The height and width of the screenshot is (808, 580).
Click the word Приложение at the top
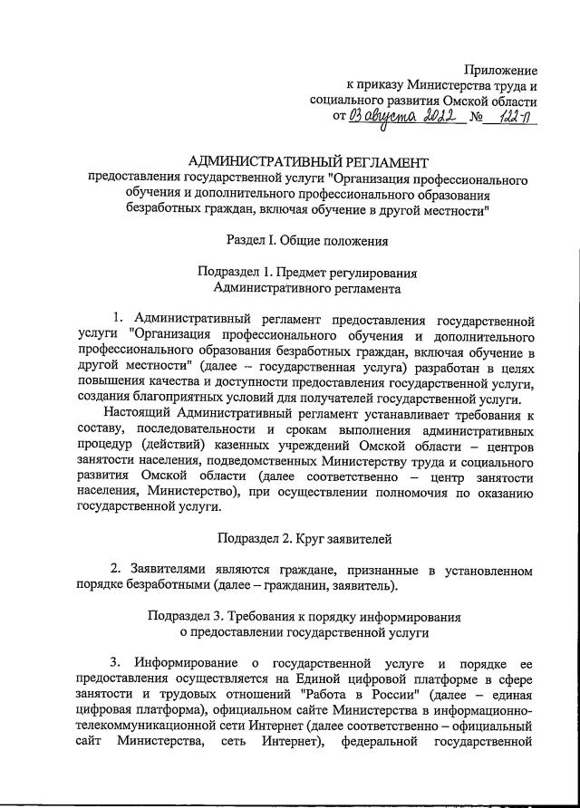pyautogui.click(x=501, y=70)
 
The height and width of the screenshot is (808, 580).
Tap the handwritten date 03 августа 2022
pyautogui.click(x=401, y=118)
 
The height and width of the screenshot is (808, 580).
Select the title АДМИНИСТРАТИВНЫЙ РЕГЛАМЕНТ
pyautogui.click(x=308, y=162)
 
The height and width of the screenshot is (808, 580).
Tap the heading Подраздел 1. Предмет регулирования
pyautogui.click(x=307, y=273)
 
